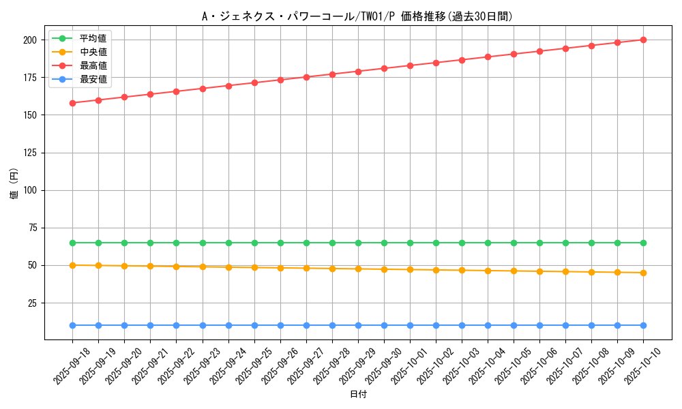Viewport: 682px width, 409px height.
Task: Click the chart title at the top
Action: [x=357, y=16]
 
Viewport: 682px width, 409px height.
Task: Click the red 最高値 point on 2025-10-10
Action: [x=643, y=40]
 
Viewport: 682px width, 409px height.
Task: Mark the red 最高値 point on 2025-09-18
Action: [x=72, y=103]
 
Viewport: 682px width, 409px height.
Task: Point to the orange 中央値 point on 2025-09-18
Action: [x=72, y=265]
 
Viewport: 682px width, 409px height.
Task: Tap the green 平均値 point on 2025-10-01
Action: [x=410, y=243]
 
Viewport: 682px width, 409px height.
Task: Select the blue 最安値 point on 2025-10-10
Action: [x=643, y=325]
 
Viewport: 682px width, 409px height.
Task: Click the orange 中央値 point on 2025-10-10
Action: [x=643, y=273]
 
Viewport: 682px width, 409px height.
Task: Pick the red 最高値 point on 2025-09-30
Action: [x=384, y=68]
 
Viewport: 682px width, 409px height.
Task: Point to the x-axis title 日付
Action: [x=357, y=395]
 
